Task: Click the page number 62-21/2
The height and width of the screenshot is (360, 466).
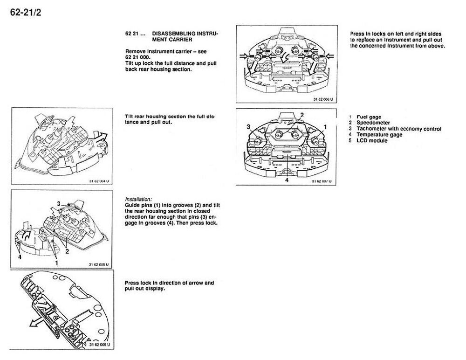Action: [26, 13]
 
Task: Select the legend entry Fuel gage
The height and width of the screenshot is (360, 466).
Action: [369, 117]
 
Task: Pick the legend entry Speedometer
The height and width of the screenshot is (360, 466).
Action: [373, 123]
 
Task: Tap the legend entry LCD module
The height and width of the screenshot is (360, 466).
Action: [372, 140]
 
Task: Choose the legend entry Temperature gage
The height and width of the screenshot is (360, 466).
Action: [379, 134]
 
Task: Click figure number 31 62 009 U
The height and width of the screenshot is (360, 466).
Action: [100, 345]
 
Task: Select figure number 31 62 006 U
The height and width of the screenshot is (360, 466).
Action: [323, 99]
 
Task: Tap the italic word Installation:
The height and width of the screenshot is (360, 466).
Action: [138, 199]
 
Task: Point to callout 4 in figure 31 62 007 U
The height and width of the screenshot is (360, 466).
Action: [287, 180]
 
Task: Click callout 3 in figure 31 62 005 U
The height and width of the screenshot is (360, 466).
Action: [59, 203]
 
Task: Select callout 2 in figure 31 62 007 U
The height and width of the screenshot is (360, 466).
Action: [302, 115]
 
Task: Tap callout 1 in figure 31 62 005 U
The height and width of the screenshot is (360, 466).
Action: [56, 263]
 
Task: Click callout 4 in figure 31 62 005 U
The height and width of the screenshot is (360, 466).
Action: [20, 257]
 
